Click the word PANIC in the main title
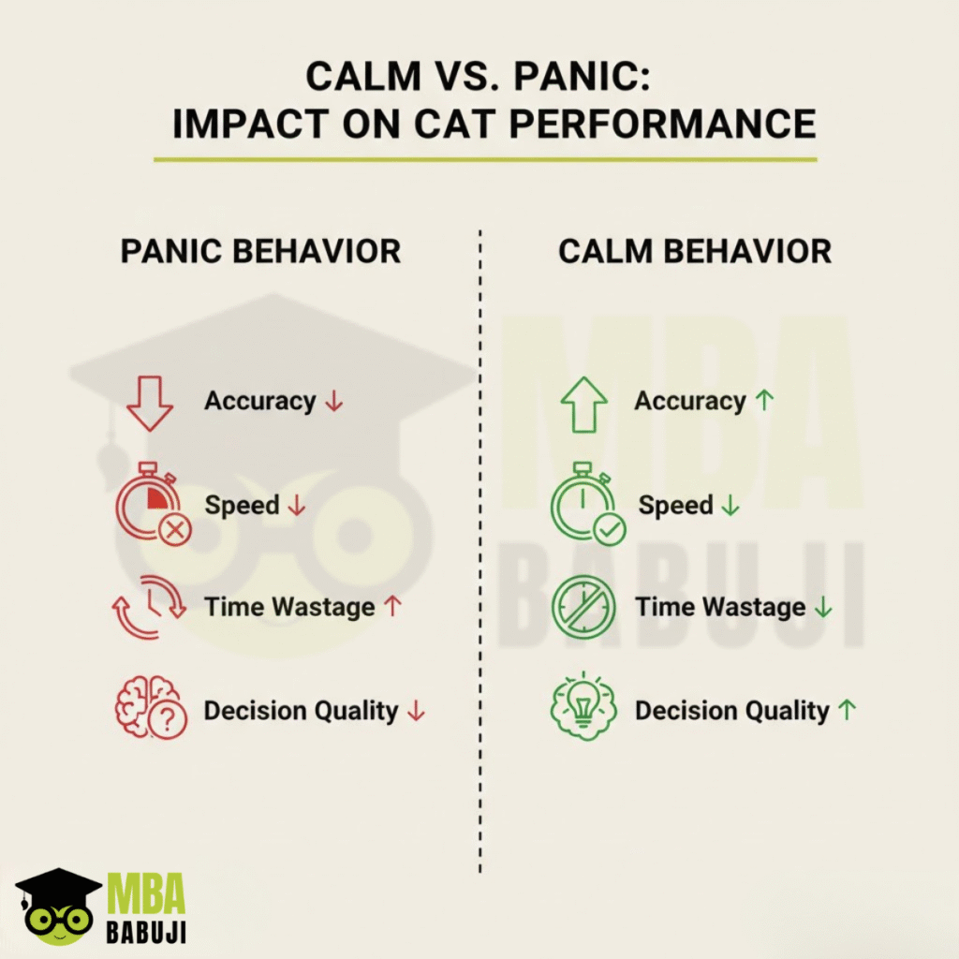click(582, 77)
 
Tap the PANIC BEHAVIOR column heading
click(260, 251)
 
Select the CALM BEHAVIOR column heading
click(695, 251)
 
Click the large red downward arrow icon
click(149, 404)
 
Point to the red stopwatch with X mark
click(153, 504)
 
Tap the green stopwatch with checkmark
click(588, 504)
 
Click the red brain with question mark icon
click(151, 708)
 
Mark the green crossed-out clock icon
click(583, 607)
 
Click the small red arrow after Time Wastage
click(392, 606)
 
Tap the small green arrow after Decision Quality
click(847, 710)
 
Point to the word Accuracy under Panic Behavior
click(260, 401)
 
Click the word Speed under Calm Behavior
click(676, 506)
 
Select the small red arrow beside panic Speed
click(297, 506)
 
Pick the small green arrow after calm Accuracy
click(764, 401)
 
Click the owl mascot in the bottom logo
click(59, 907)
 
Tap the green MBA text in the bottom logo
click(146, 893)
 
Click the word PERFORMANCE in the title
click(663, 125)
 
